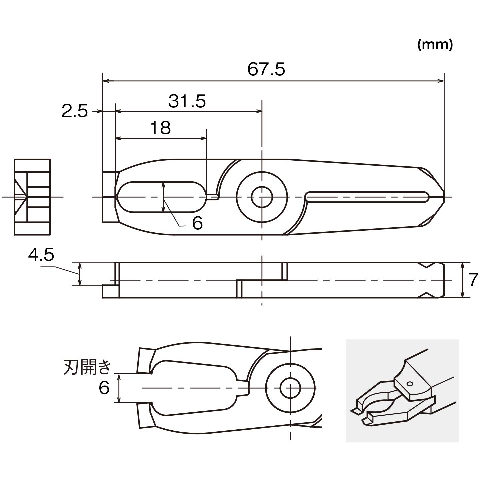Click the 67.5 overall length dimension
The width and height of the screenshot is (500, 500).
tap(266, 70)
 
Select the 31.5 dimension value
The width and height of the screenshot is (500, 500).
tap(187, 101)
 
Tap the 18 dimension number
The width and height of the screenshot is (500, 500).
tap(161, 128)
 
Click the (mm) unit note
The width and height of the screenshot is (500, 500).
tap(435, 45)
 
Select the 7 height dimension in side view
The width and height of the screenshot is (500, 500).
tap(473, 280)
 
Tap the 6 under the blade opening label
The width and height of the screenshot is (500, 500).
tap(104, 388)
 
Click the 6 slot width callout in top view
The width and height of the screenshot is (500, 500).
tap(197, 223)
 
